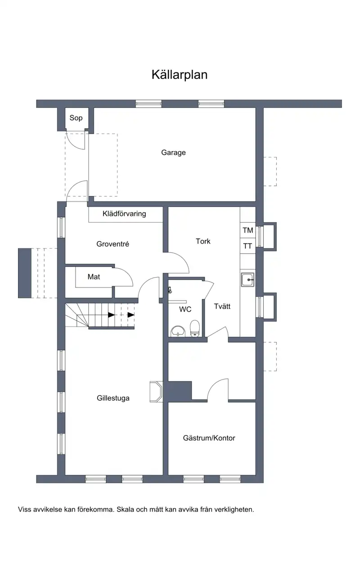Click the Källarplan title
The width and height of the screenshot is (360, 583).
pyautogui.click(x=180, y=75)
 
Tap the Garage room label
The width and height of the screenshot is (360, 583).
pyautogui.click(x=173, y=152)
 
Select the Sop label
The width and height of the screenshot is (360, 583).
pyautogui.click(x=76, y=118)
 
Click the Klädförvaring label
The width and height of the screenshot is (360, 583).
pyautogui.click(x=124, y=214)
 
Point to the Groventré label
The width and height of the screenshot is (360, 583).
pyautogui.click(x=112, y=244)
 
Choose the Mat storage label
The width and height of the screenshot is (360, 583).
pyautogui.click(x=94, y=277)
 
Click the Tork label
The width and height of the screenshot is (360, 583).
pyautogui.click(x=203, y=241)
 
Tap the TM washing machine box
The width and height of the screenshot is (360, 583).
pyautogui.click(x=248, y=230)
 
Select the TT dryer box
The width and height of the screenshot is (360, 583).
pyautogui.click(x=248, y=246)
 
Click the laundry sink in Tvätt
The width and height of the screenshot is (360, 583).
pyautogui.click(x=247, y=279)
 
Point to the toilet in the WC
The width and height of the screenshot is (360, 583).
pyautogui.click(x=195, y=328)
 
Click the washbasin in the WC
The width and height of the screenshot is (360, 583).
pyautogui.click(x=178, y=331)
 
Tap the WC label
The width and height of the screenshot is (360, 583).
pyautogui.click(x=185, y=309)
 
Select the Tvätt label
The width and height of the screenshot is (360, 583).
pyautogui.click(x=222, y=306)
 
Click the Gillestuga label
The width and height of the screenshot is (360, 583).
pyautogui.click(x=113, y=398)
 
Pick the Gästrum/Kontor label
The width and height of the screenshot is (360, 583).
pyautogui.click(x=209, y=438)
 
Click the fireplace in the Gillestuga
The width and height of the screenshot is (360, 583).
pyautogui.click(x=156, y=392)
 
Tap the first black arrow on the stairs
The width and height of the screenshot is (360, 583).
pyautogui.click(x=112, y=315)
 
